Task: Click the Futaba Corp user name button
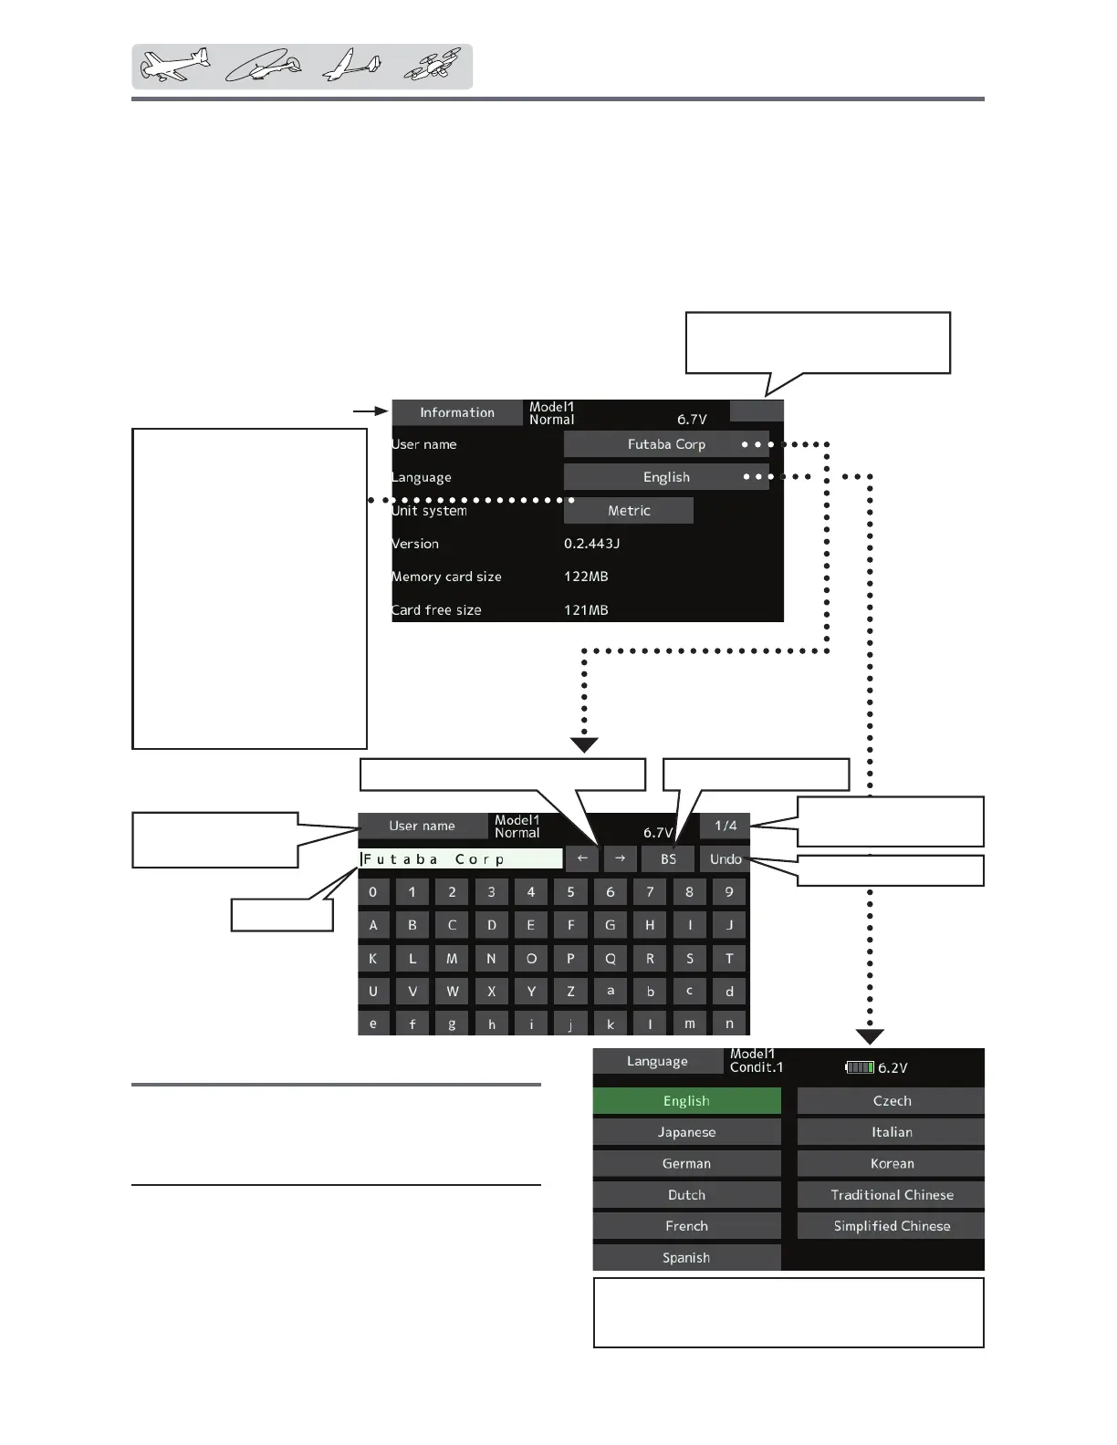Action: (x=665, y=444)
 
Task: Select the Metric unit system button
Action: (x=629, y=511)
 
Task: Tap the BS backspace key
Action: (x=668, y=859)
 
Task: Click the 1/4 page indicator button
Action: (x=726, y=826)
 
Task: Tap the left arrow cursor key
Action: (x=582, y=859)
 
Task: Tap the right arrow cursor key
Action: (x=620, y=859)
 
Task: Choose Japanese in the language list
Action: (x=686, y=1132)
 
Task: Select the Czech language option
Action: (x=892, y=1101)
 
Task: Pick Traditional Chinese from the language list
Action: (x=892, y=1195)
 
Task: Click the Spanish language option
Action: (x=686, y=1258)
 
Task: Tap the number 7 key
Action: (x=650, y=892)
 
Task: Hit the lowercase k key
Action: (x=611, y=1024)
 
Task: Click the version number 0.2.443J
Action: (x=591, y=544)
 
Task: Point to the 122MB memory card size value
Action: (x=586, y=577)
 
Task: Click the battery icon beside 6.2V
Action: (x=860, y=1067)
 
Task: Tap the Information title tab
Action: (x=457, y=412)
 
